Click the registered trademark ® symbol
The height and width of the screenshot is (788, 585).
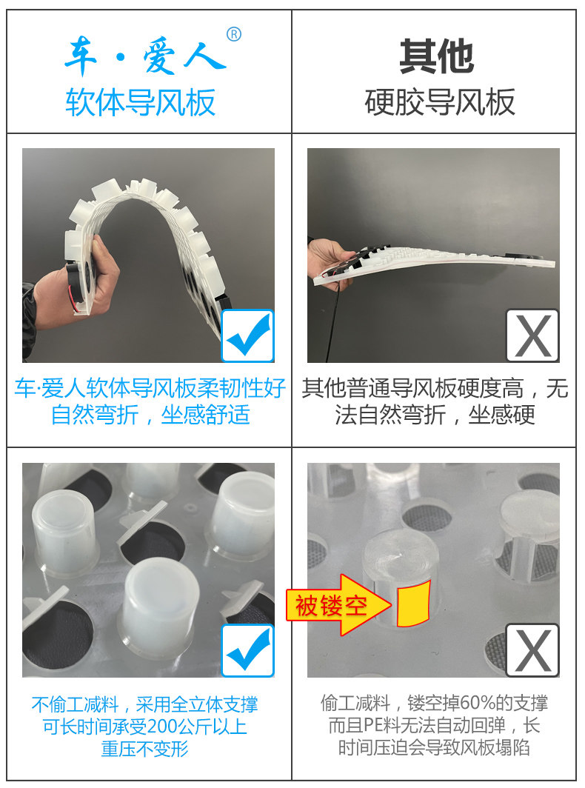click(234, 34)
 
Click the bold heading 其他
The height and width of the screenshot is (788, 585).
click(436, 56)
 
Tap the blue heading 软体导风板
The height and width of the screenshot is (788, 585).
click(140, 102)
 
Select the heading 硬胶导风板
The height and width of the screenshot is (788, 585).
click(440, 102)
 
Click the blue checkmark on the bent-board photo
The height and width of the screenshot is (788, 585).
click(248, 335)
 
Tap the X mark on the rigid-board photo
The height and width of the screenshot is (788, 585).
click(532, 335)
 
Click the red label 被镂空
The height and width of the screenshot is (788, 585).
click(331, 606)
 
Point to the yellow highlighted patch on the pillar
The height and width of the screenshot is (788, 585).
click(413, 604)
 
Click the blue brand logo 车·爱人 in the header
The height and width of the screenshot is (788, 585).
click(146, 56)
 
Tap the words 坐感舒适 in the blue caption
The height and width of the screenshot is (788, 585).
click(206, 415)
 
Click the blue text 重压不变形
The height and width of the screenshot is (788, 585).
click(144, 749)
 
